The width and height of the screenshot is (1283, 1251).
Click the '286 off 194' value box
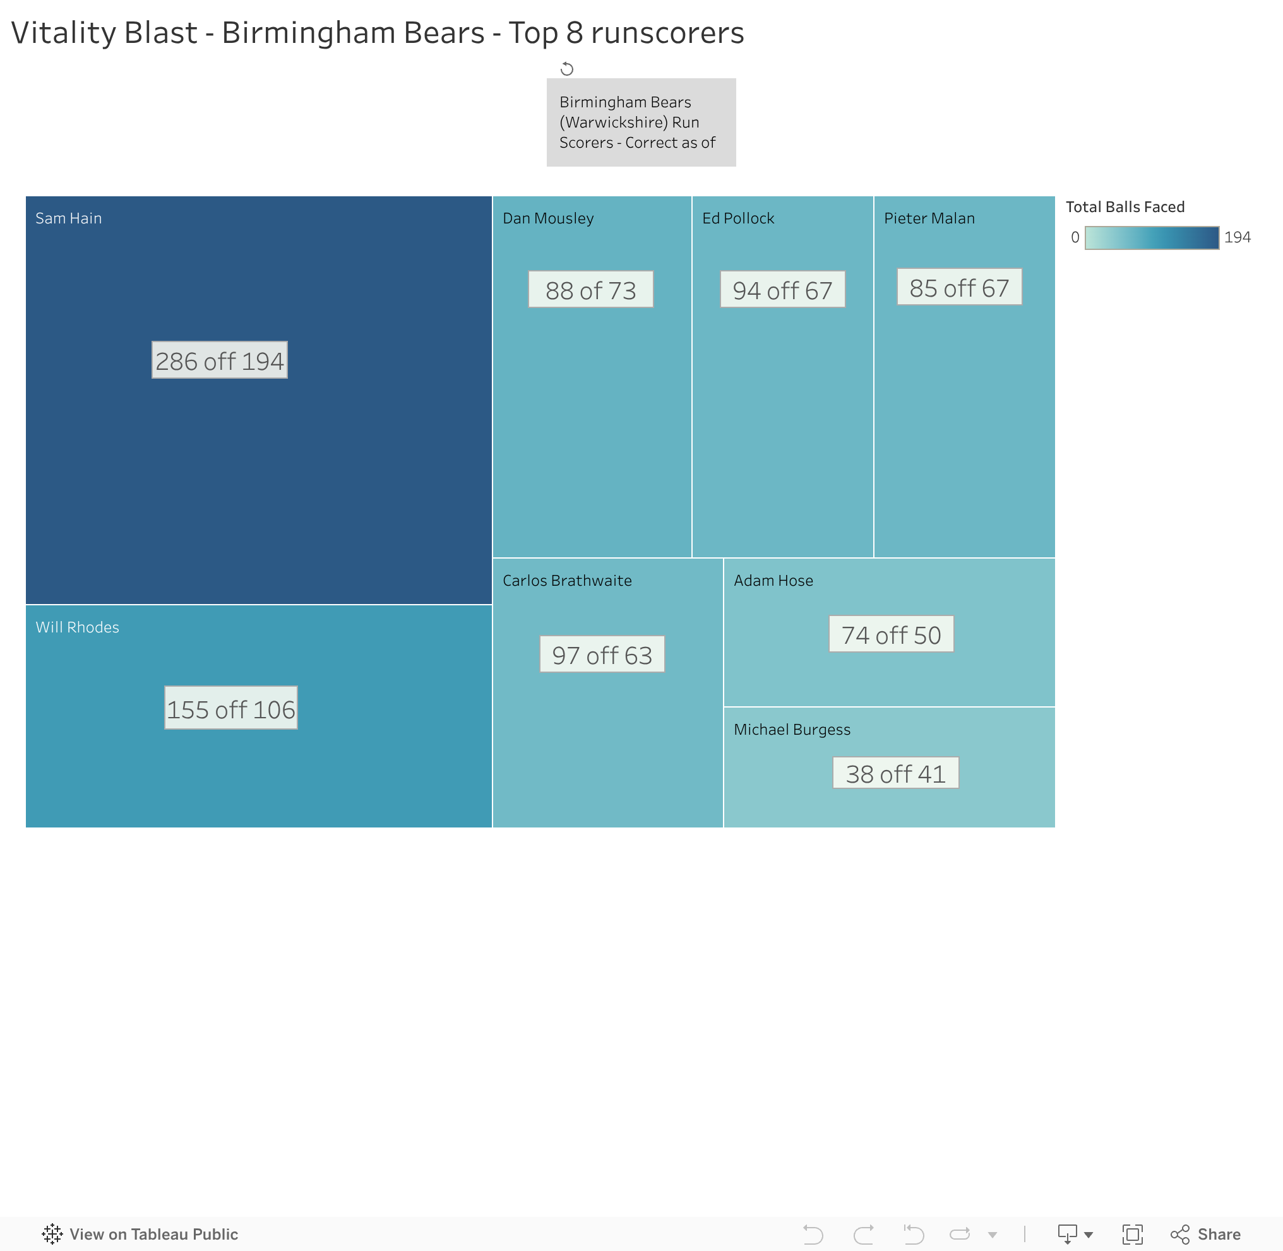[220, 360]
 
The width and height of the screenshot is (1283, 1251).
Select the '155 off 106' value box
[230, 708]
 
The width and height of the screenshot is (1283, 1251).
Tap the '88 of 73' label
[591, 290]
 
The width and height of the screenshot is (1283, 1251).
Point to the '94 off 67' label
[782, 290]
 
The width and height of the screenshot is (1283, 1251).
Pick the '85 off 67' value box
[959, 287]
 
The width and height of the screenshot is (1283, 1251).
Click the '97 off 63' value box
[602, 655]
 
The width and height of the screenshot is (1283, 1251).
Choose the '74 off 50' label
[892, 635]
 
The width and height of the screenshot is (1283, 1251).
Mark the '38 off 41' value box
[895, 773]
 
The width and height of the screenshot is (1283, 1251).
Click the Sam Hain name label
[68, 218]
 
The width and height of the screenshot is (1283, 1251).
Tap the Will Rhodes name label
[78, 627]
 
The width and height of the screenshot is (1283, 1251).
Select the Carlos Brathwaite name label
[567, 581]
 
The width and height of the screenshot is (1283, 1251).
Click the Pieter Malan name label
[929, 218]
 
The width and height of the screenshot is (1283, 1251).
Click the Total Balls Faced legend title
[1125, 207]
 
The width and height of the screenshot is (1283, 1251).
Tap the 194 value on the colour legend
[1237, 238]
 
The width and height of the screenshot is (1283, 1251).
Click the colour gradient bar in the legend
[1152, 238]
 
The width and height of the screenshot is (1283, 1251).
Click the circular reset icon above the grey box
[566, 69]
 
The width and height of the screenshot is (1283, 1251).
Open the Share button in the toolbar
[1206, 1234]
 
